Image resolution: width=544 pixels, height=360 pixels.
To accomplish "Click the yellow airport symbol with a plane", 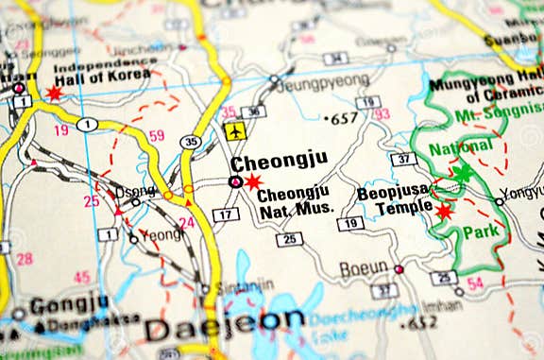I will click(236, 131).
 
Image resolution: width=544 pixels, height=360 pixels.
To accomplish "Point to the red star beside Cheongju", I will click(253, 181).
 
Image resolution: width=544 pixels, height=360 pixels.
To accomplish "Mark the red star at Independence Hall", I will click(54, 93).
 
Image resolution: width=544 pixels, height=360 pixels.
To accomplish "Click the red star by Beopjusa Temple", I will click(443, 211).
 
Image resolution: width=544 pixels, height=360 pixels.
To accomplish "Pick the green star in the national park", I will click(462, 173).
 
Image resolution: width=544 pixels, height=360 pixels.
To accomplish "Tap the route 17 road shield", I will click(225, 215).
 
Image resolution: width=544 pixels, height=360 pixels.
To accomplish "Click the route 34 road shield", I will click(335, 59).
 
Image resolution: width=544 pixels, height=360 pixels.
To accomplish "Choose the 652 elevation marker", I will click(416, 321).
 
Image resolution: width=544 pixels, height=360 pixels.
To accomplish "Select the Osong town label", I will click(134, 191).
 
